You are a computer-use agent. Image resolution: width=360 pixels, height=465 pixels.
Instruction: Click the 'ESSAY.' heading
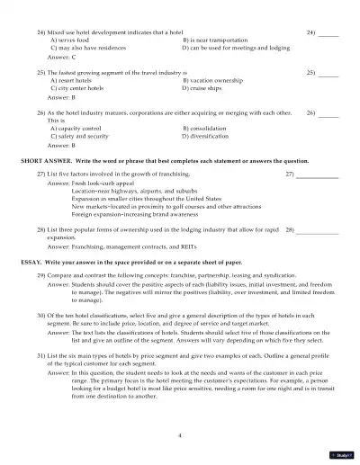coord(31,260)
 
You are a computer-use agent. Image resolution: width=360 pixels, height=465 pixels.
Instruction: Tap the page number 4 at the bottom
coord(180,434)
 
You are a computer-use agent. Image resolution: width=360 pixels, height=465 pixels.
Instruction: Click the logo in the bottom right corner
coord(346,456)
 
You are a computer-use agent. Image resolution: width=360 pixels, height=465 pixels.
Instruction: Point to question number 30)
coord(41,316)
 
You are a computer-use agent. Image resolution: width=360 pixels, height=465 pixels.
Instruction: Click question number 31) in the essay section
coord(41,355)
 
